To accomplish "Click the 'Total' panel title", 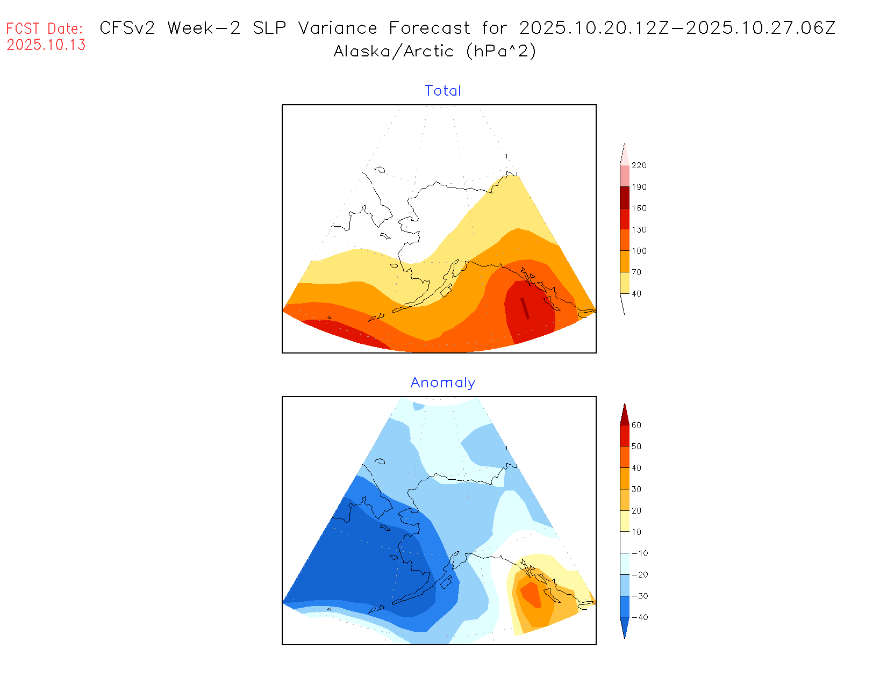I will pos(443,91).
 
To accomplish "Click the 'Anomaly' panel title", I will pos(443,383).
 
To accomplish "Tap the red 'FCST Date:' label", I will pos(45,28).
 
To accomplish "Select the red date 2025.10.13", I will pos(46,45).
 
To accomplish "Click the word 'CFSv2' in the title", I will pos(127,28).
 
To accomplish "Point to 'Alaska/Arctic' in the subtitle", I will pos(394,51).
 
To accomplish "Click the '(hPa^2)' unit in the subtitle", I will pos(501,51).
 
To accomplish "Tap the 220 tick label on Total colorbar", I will pos(639,165).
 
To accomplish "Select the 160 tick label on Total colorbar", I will pos(639,208).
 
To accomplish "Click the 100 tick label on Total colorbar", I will pos(639,251).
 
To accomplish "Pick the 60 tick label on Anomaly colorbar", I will pos(636,425).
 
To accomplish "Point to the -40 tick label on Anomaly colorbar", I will pos(640,617).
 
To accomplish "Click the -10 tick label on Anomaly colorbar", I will pos(640,553).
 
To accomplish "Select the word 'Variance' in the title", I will pos(338,28).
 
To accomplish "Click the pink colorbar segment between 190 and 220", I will pos(625,176).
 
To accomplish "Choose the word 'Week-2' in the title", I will pos(204,28).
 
